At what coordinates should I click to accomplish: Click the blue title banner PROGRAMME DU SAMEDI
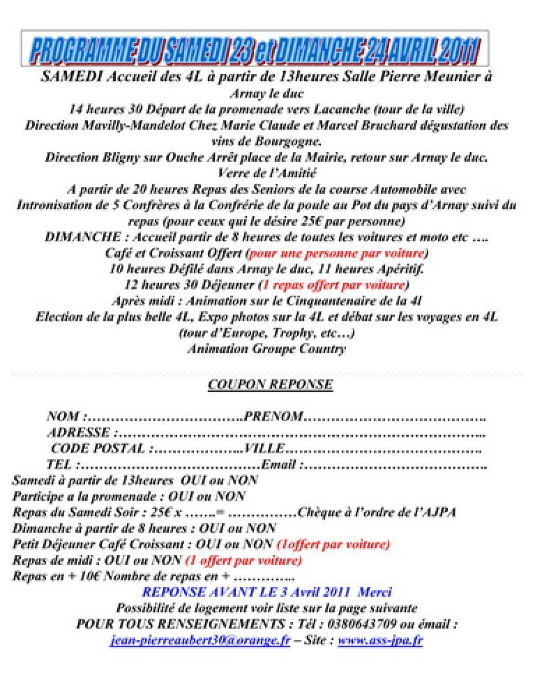pyautogui.click(x=255, y=50)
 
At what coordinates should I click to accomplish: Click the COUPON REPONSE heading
pyautogui.click(x=270, y=385)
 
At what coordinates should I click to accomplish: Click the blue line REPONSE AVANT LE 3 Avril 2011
pyautogui.click(x=266, y=592)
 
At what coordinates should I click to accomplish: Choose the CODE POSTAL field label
pyautogui.click(x=98, y=448)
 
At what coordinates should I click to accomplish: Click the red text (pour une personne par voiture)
pyautogui.click(x=338, y=252)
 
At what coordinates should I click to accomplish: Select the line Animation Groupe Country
pyautogui.click(x=266, y=349)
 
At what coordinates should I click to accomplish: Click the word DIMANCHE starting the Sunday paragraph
pyautogui.click(x=78, y=237)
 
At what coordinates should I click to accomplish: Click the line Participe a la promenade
pyautogui.click(x=129, y=497)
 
